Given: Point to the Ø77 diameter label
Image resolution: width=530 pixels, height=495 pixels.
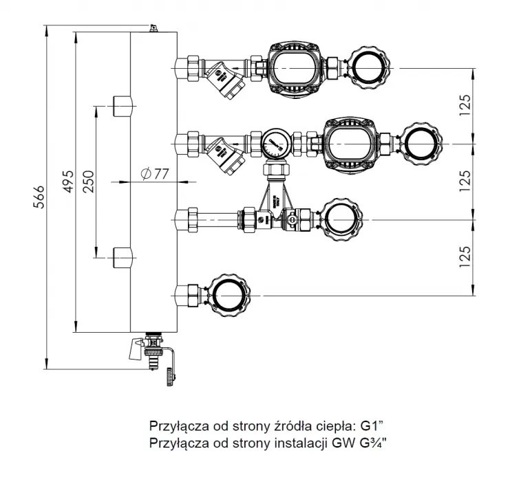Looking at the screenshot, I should click(154, 174).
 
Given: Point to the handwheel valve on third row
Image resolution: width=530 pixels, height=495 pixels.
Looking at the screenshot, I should click(339, 220).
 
